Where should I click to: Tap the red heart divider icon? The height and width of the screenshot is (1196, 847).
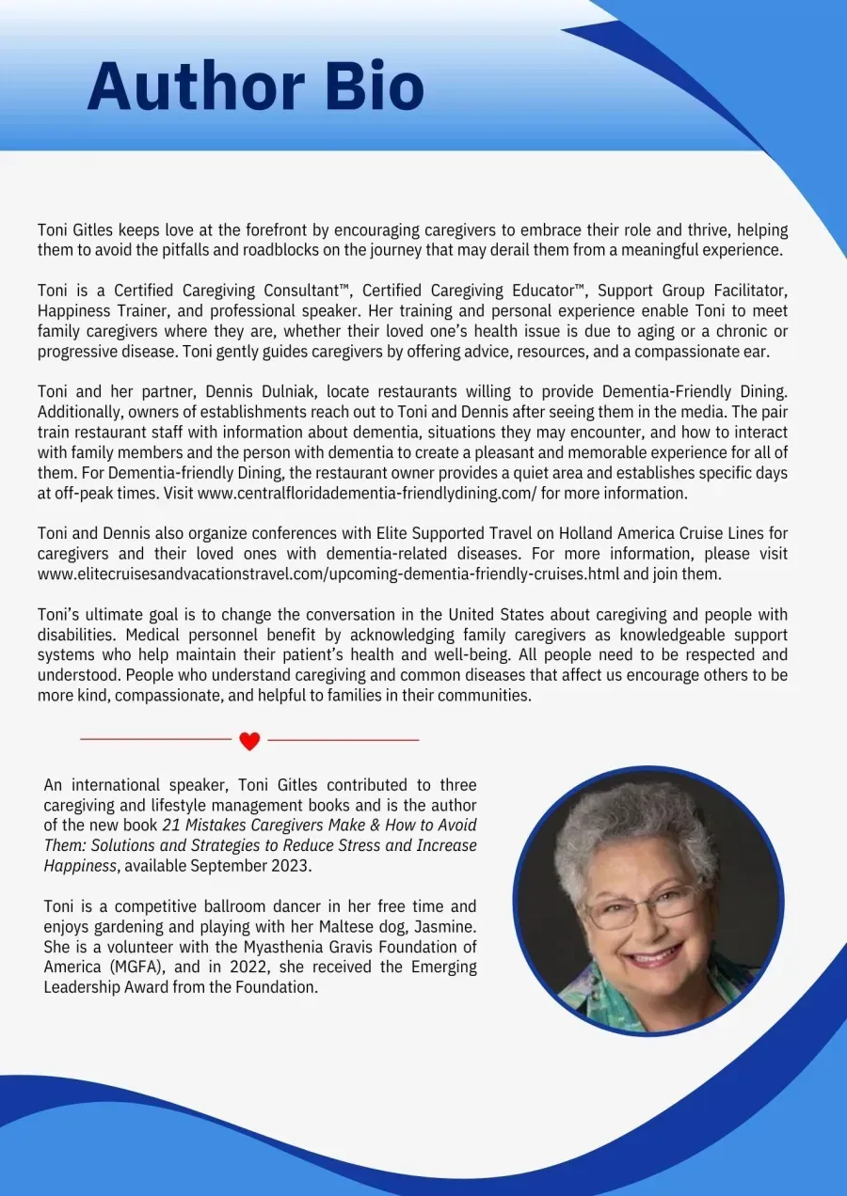click(249, 741)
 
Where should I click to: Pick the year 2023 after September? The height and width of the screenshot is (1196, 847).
click(292, 866)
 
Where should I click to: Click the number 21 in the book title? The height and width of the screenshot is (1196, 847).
click(170, 825)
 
